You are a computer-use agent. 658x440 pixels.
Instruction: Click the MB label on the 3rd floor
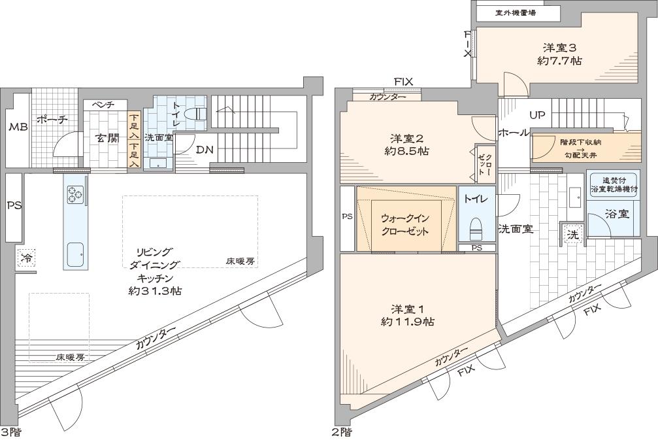tap(18, 126)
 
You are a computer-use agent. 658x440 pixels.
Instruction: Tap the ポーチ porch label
tap(52, 119)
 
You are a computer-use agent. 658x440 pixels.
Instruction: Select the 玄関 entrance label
tap(108, 138)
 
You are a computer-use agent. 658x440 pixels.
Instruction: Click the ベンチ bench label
tap(105, 105)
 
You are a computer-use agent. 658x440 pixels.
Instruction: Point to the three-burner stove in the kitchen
tap(74, 194)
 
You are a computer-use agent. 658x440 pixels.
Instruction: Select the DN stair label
tap(205, 150)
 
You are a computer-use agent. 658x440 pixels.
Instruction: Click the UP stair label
tap(536, 115)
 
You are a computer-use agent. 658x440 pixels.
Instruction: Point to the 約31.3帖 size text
tap(155, 290)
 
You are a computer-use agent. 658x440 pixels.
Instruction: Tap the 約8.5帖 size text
tap(406, 151)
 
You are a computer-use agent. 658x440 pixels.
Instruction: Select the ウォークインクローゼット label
tap(405, 225)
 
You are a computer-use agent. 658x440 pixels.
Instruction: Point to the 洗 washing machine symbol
tap(573, 235)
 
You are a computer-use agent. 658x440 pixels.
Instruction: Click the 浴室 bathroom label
tap(617, 214)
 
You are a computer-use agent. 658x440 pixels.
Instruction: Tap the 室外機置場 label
tap(516, 12)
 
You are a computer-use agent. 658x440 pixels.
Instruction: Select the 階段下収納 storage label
tap(581, 143)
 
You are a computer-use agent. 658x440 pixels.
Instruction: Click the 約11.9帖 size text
tap(408, 322)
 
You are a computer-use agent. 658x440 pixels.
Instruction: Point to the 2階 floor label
tap(342, 432)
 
